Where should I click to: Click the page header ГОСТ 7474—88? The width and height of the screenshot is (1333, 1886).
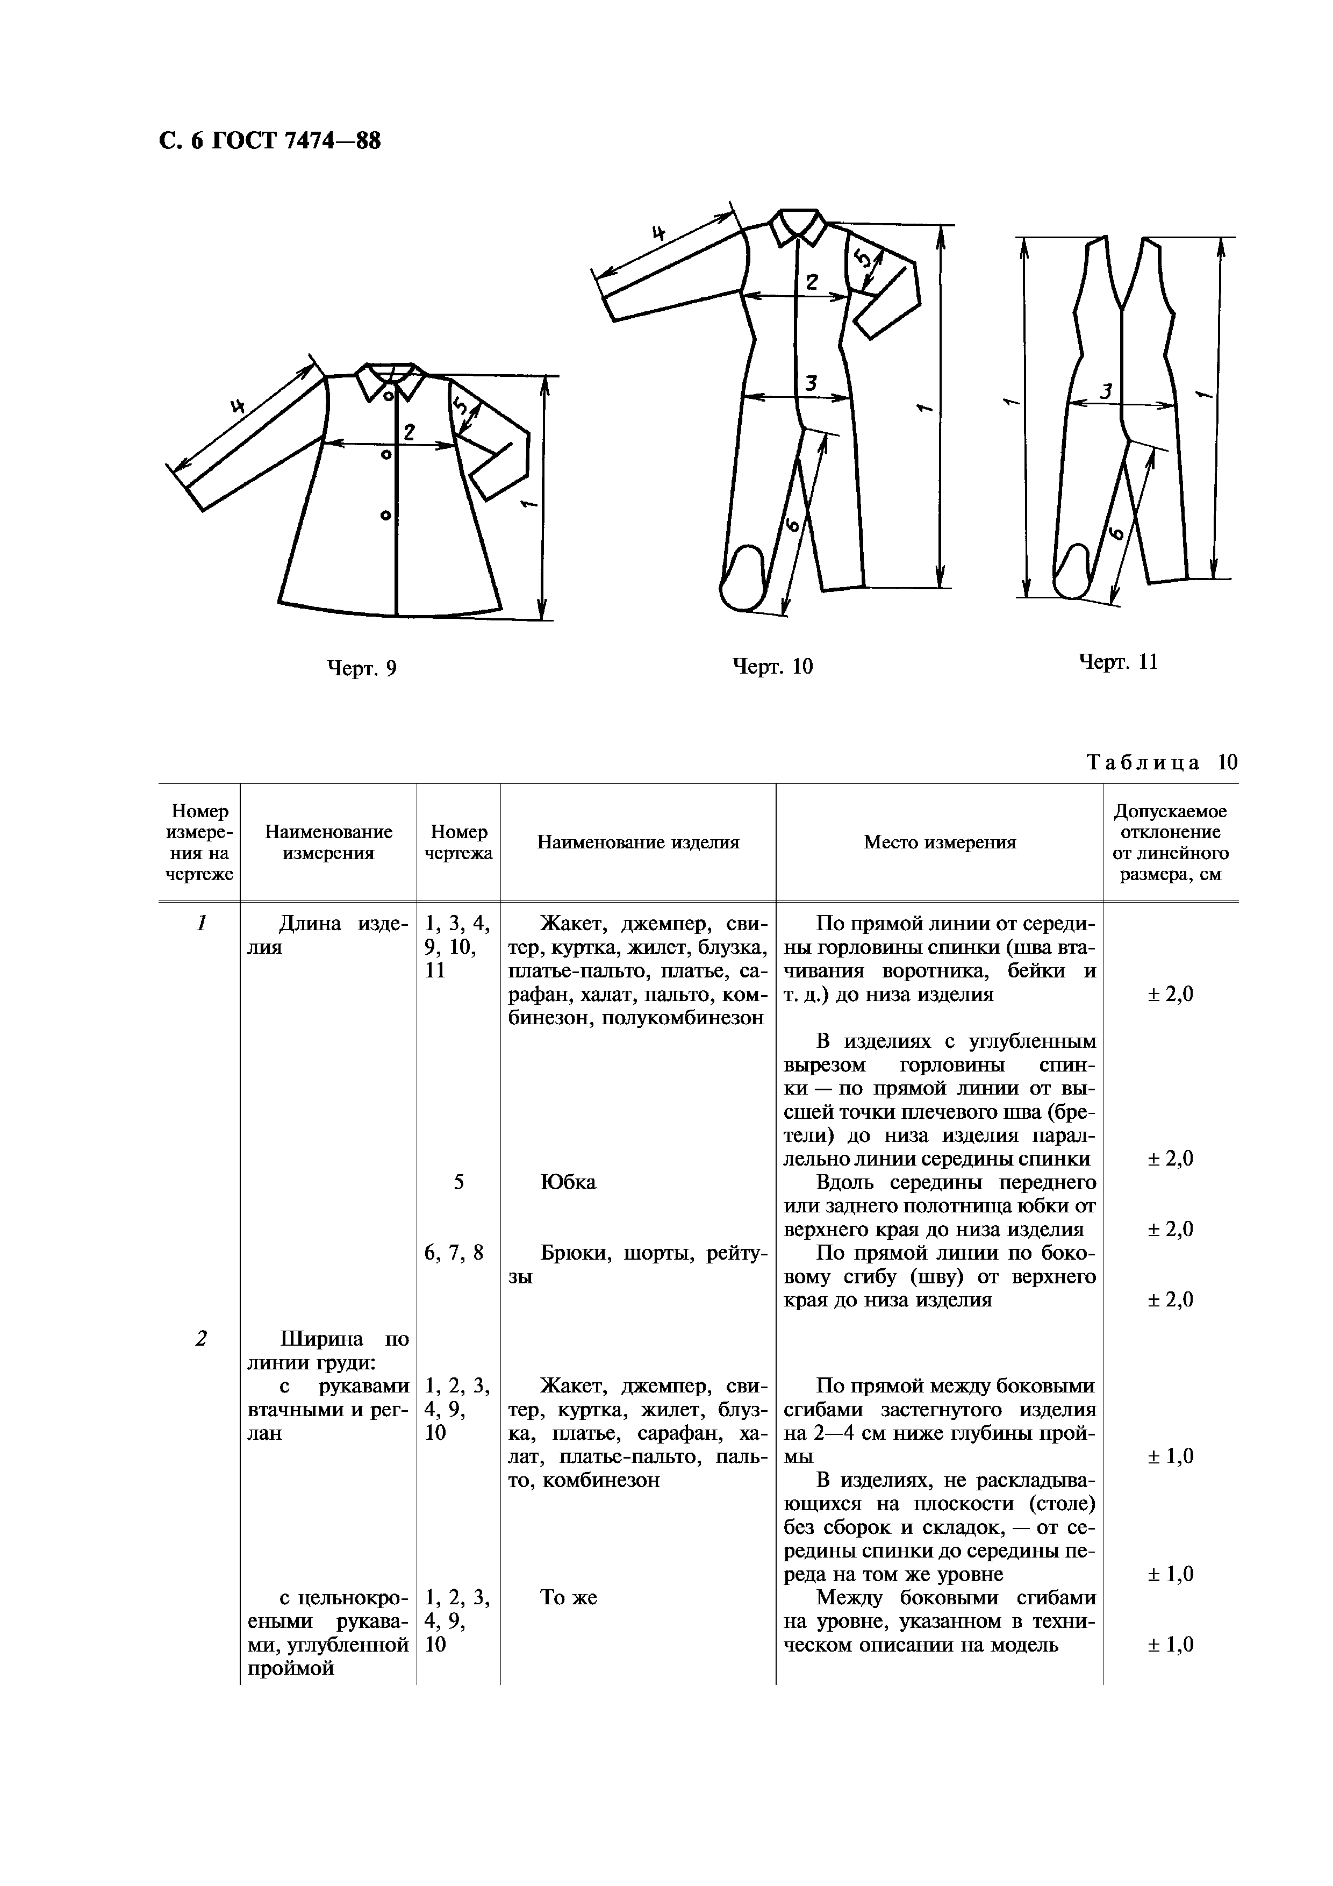coord(270,141)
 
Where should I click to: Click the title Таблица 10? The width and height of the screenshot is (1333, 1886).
coord(1162,762)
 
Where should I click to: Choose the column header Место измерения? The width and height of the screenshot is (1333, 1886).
coord(940,842)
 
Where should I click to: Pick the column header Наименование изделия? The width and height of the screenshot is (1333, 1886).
coord(638,842)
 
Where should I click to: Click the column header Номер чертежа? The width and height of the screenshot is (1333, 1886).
coord(458,842)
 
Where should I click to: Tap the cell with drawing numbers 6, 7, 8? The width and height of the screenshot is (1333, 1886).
coord(454,1253)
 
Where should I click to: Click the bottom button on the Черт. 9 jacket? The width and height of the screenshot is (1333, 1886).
coord(386,515)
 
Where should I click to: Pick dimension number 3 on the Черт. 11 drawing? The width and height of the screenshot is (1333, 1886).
coord(1106,392)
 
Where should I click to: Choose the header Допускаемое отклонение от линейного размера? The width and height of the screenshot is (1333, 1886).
coord(1170,842)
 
